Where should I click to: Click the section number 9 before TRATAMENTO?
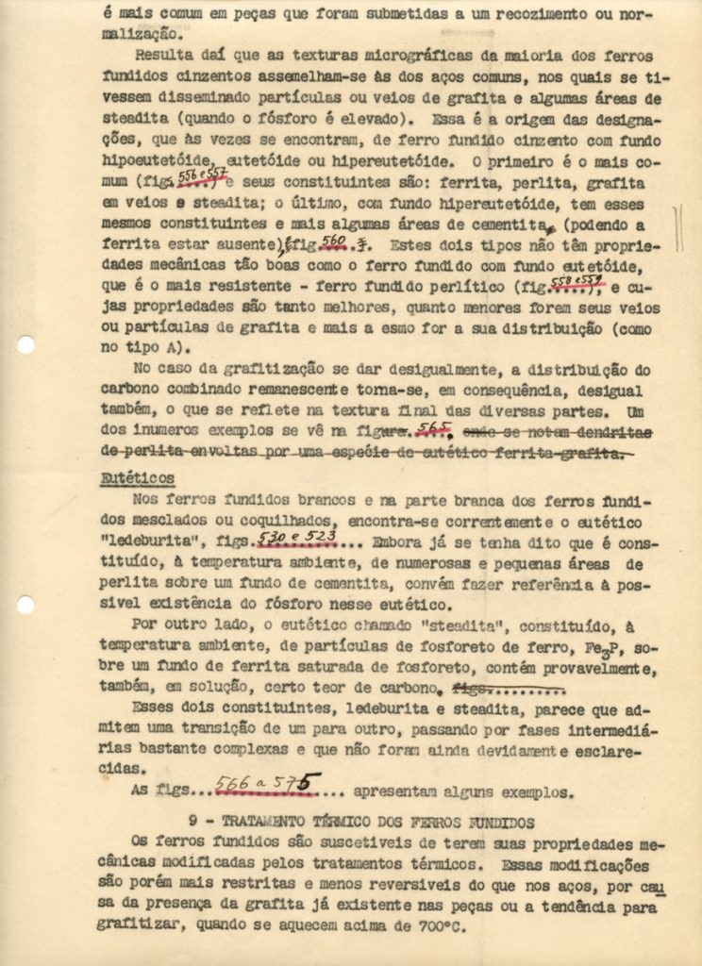[192, 822]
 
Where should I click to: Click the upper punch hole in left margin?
[26, 344]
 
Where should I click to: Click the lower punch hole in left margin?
[26, 604]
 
